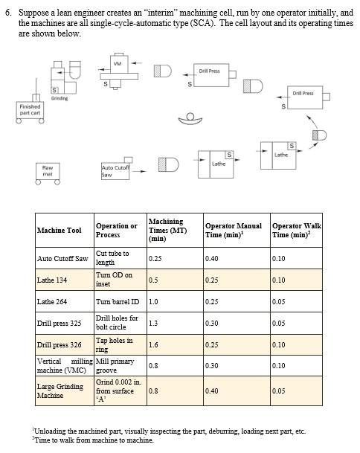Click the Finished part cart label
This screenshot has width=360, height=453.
[30, 110]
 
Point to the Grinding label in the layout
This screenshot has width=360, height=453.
[59, 98]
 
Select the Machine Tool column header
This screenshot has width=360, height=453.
[60, 231]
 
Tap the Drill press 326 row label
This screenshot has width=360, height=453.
[59, 345]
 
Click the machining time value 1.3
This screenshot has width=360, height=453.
[154, 324]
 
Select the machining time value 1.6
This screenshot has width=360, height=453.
[154, 345]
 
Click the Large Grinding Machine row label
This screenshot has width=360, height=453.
[59, 391]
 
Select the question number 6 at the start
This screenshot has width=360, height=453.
[8, 13]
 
